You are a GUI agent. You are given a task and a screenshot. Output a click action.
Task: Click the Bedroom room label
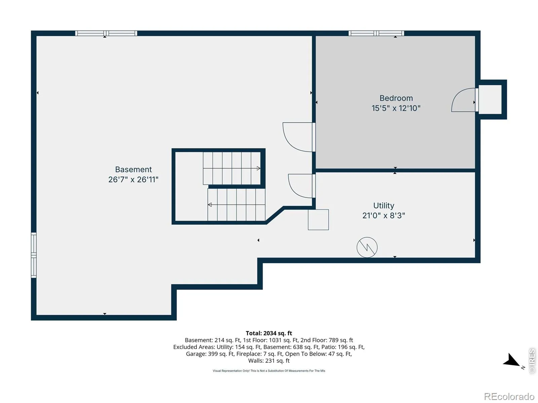click(x=396, y=98)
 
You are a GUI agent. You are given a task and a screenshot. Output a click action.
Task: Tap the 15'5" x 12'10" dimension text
click(x=396, y=108)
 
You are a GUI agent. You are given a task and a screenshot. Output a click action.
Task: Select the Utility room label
click(x=384, y=206)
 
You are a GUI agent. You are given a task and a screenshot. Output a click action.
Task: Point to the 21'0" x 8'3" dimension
click(x=384, y=216)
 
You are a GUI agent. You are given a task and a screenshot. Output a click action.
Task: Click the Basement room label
click(x=133, y=170)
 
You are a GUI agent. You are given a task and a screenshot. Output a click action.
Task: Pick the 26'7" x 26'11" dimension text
click(x=133, y=180)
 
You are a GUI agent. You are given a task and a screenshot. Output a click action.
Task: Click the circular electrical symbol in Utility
click(x=367, y=248)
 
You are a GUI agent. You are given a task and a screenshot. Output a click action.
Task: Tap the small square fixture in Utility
click(x=318, y=220)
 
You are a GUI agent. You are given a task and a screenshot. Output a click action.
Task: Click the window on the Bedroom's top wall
click(x=376, y=33)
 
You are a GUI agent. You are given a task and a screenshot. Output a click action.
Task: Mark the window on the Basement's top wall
click(x=106, y=33)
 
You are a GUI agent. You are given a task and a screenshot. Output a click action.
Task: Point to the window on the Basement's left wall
click(x=34, y=255)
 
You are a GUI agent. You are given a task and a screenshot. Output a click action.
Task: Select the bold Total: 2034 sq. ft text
click(x=269, y=333)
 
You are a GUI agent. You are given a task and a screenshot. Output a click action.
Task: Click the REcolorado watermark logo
click(x=509, y=396)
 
